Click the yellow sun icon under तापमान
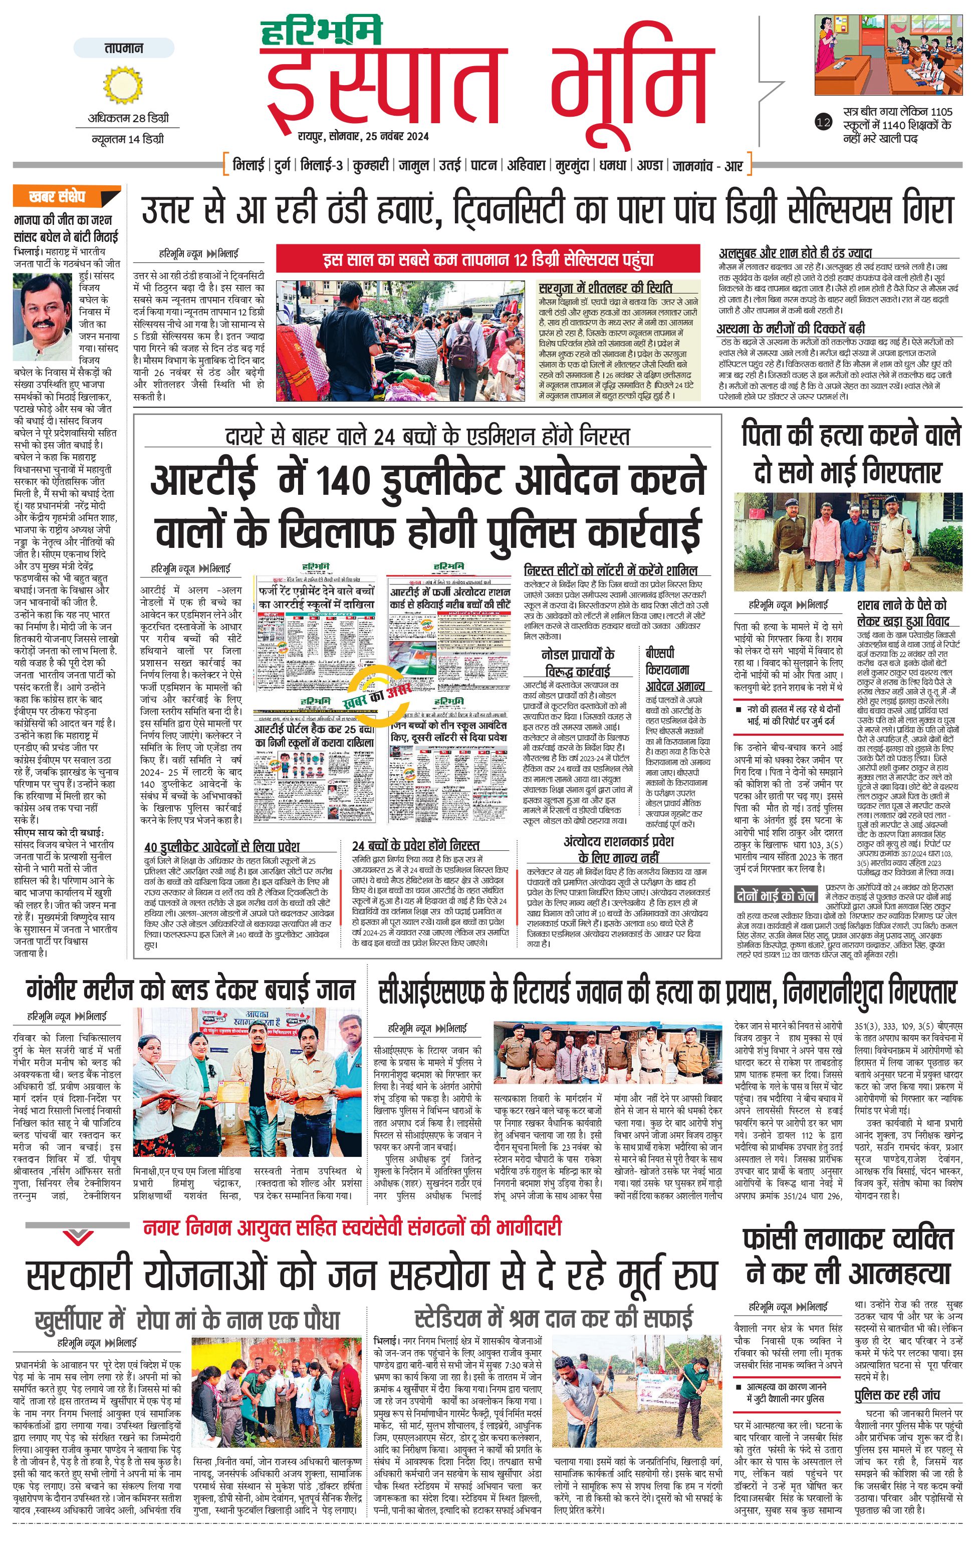pyautogui.click(x=123, y=86)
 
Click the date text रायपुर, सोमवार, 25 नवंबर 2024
pyautogui.click(x=364, y=136)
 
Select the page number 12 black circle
pyautogui.click(x=823, y=122)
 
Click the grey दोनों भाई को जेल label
pyautogui.click(x=775, y=895)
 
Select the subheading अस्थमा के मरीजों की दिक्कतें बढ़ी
pyautogui.click(x=791, y=328)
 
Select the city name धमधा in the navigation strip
pyautogui.click(x=612, y=165)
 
